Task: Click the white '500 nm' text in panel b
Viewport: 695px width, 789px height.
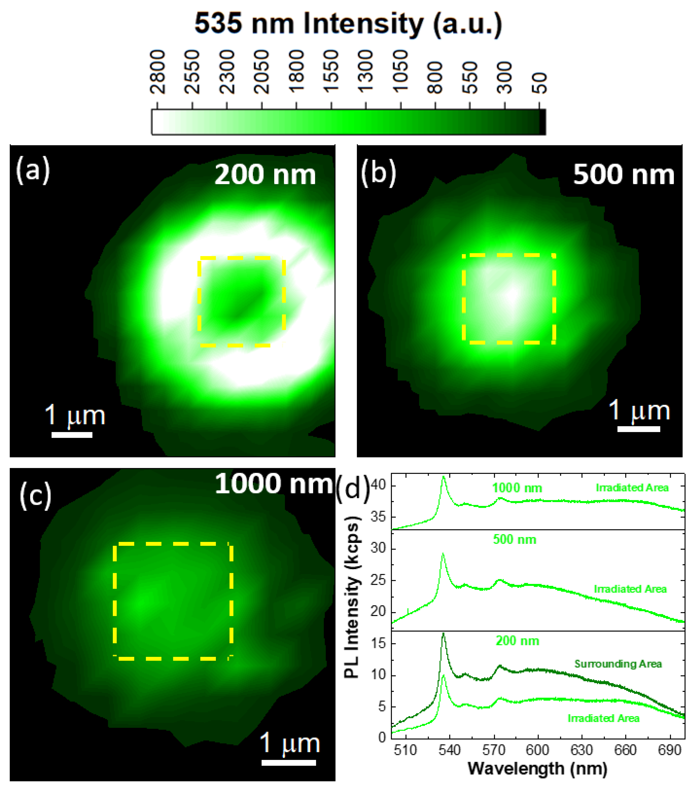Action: [623, 175]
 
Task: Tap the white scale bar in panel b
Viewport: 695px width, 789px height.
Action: [639, 428]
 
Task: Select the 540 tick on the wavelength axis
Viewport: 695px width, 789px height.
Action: [449, 750]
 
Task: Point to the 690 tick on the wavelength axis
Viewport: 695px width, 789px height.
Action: [669, 750]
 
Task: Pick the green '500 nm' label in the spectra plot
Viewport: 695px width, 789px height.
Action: [514, 540]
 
